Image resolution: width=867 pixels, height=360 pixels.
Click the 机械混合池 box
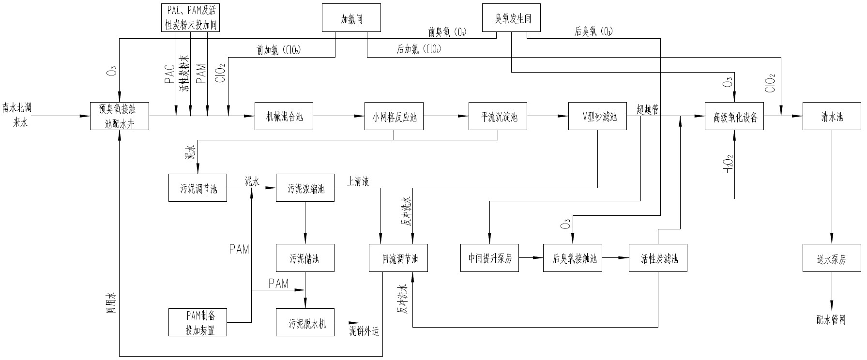pos(284,116)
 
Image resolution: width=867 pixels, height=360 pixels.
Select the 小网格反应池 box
pos(394,116)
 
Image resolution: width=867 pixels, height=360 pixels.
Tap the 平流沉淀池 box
pos(498,116)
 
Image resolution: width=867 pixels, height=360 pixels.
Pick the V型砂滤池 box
pos(598,116)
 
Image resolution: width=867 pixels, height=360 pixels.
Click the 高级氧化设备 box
pos(735,116)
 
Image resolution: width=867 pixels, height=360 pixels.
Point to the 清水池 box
pos(832,116)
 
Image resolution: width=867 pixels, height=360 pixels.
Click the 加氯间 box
pos(351,18)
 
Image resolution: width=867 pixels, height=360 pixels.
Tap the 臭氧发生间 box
pos(512,18)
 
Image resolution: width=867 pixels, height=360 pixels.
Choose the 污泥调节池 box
pos(198,187)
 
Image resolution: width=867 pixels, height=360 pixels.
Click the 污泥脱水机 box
pos(305,322)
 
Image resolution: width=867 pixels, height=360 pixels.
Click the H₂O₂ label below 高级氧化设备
pos(728,165)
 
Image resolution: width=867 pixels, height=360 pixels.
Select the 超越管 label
pos(648,109)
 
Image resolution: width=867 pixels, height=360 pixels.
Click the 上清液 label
pos(358,181)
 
